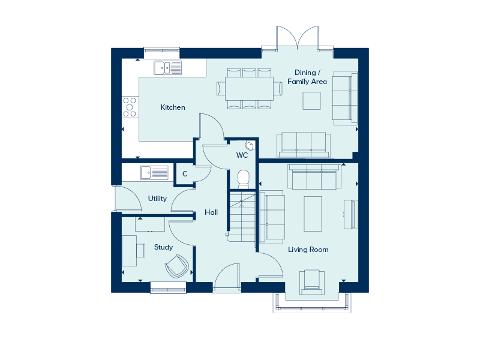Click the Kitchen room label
pyautogui.click(x=173, y=107)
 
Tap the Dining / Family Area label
pyautogui.click(x=307, y=77)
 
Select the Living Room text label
pyautogui.click(x=308, y=250)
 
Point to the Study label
pyautogui.click(x=163, y=247)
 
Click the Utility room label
pyautogui.click(x=157, y=199)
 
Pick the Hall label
pyautogui.click(x=211, y=212)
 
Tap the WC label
pyautogui.click(x=242, y=155)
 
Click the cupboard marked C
pyautogui.click(x=185, y=174)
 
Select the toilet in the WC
pyautogui.click(x=244, y=179)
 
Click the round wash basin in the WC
pyautogui.click(x=250, y=146)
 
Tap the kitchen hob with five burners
pyautogui.click(x=130, y=107)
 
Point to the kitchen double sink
pyautogui.click(x=167, y=68)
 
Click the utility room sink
pyautogui.click(x=155, y=172)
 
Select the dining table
pyautogui.click(x=249, y=88)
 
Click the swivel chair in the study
pyautogui.click(x=176, y=266)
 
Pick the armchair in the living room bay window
pyautogui.click(x=311, y=282)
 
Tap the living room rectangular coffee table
pyautogui.click(x=313, y=214)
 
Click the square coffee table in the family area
pyautogui.click(x=311, y=100)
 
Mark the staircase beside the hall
pyautogui.click(x=242, y=216)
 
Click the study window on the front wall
pyautogui.click(x=169, y=288)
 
